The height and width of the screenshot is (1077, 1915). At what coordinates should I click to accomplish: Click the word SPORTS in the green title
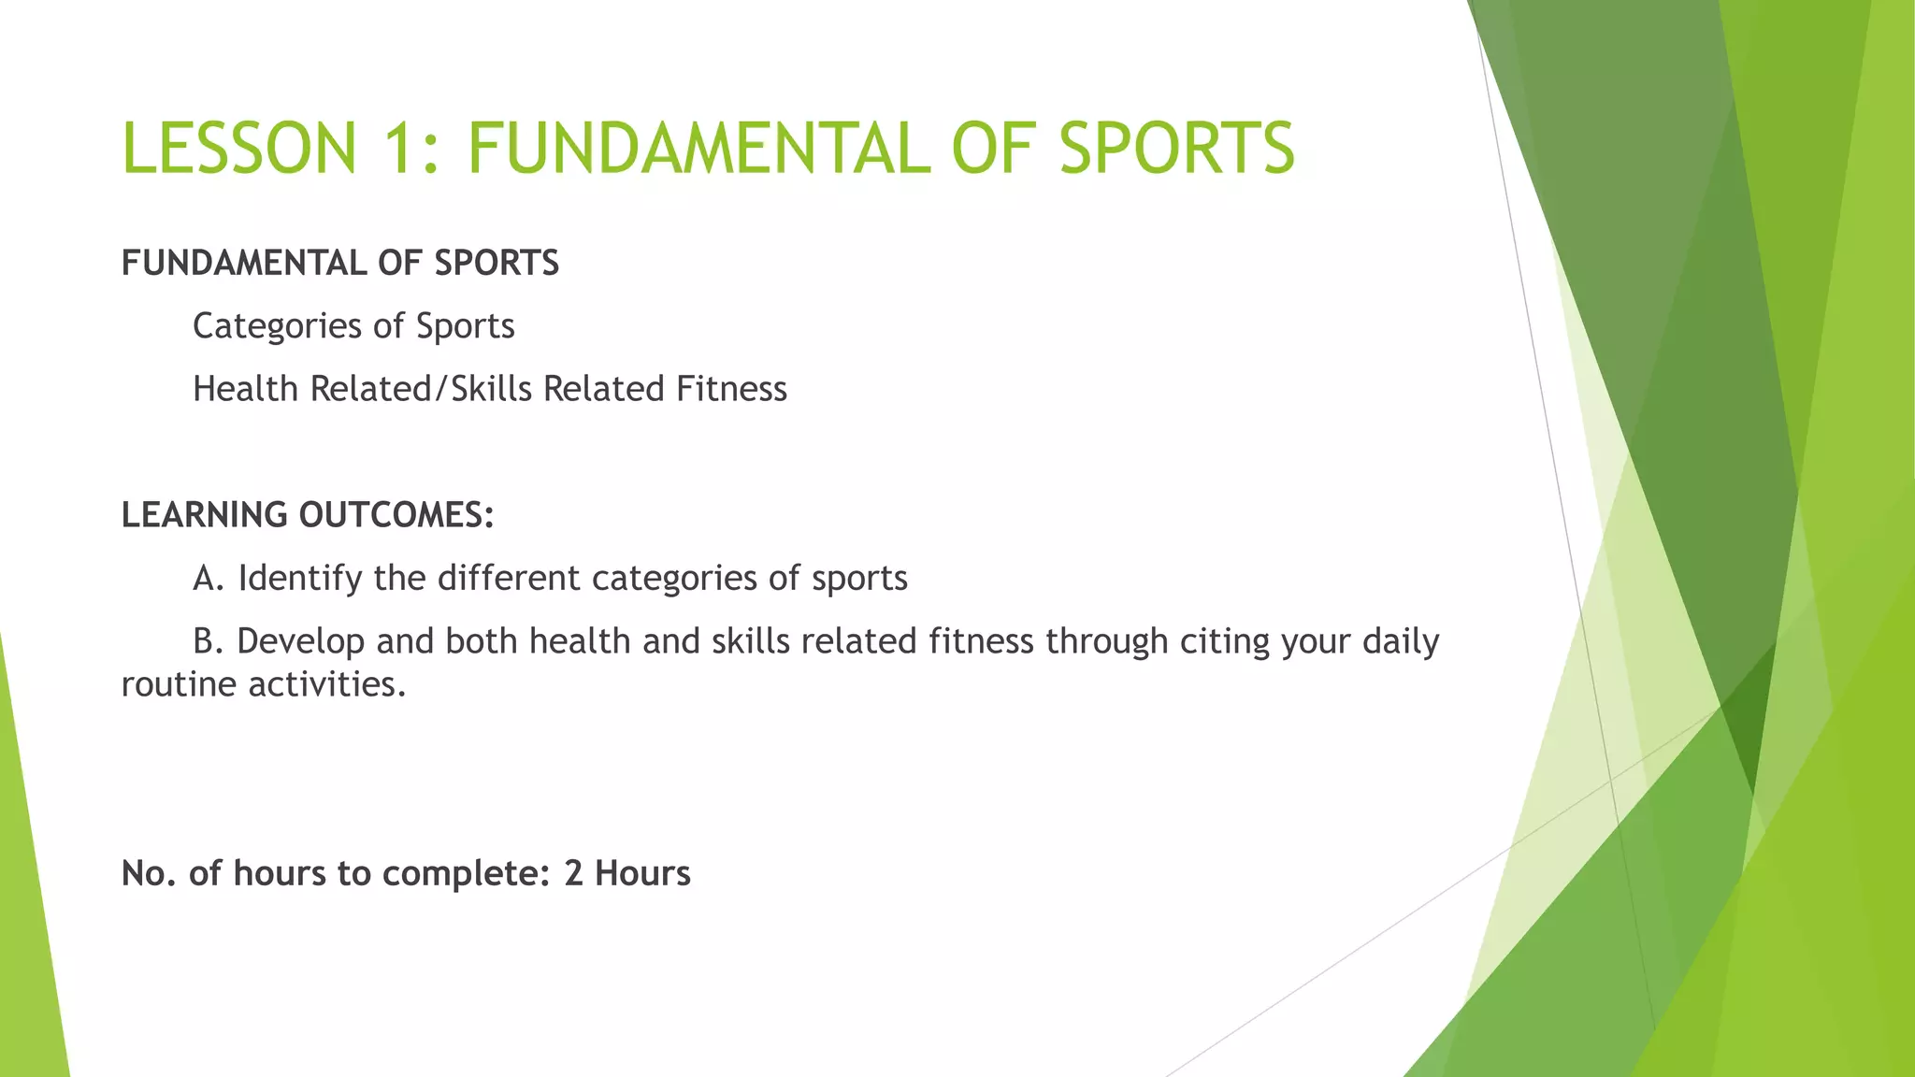1177,149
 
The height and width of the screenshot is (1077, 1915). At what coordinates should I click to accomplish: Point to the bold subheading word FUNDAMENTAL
243,264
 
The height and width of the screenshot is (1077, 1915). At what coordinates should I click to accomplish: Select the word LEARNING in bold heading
204,515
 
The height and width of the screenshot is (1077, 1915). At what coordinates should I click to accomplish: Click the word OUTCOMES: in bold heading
396,515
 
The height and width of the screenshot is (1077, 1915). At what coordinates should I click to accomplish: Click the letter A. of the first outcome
209,579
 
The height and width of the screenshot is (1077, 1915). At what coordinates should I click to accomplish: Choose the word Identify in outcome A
299,579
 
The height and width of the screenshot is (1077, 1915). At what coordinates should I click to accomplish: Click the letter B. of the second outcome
208,641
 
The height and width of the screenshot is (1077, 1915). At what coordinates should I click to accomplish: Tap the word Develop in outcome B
300,641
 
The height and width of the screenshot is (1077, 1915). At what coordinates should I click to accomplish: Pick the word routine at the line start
179,684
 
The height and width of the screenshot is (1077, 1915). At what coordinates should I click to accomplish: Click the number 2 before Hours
573,873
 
